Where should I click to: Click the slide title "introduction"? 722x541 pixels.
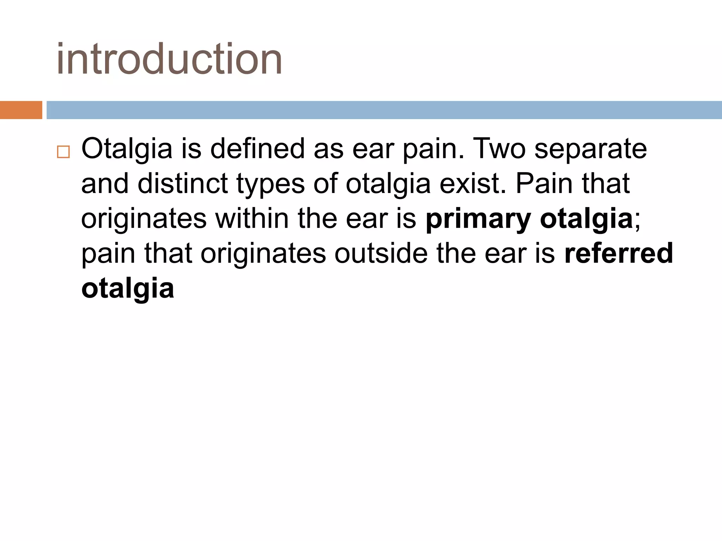click(x=169, y=59)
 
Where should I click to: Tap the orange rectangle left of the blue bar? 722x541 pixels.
click(x=21, y=110)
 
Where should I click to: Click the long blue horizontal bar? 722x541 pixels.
click(x=384, y=110)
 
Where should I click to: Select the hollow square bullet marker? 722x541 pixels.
click(x=63, y=152)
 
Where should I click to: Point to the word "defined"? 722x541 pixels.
click(x=257, y=149)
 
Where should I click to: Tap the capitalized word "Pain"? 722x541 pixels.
click(x=544, y=184)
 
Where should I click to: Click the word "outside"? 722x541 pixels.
click(x=381, y=253)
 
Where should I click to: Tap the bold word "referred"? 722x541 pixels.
click(x=619, y=253)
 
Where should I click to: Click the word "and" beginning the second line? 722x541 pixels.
click(x=105, y=184)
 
